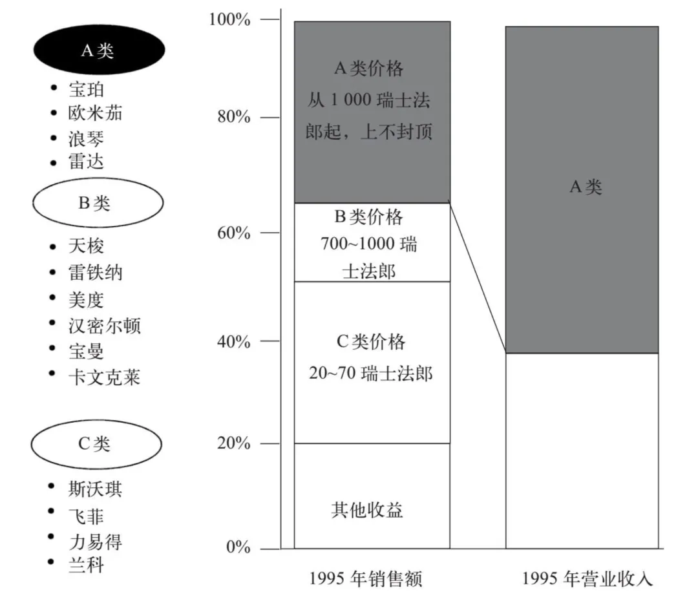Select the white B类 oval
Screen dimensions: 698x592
pos(97,203)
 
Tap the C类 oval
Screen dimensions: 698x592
pos(97,443)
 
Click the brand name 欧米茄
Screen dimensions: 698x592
pos(95,113)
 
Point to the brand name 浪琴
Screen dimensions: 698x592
pos(86,138)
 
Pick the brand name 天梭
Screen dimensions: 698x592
pos(86,246)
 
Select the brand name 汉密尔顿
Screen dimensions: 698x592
pos(104,325)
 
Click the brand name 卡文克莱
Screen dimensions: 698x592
pos(104,377)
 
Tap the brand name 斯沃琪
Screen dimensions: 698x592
pos(95,489)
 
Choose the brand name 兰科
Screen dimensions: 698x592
pos(86,565)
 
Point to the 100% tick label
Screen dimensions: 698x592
pos(229,20)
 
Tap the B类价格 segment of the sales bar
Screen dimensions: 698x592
pos(372,242)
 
